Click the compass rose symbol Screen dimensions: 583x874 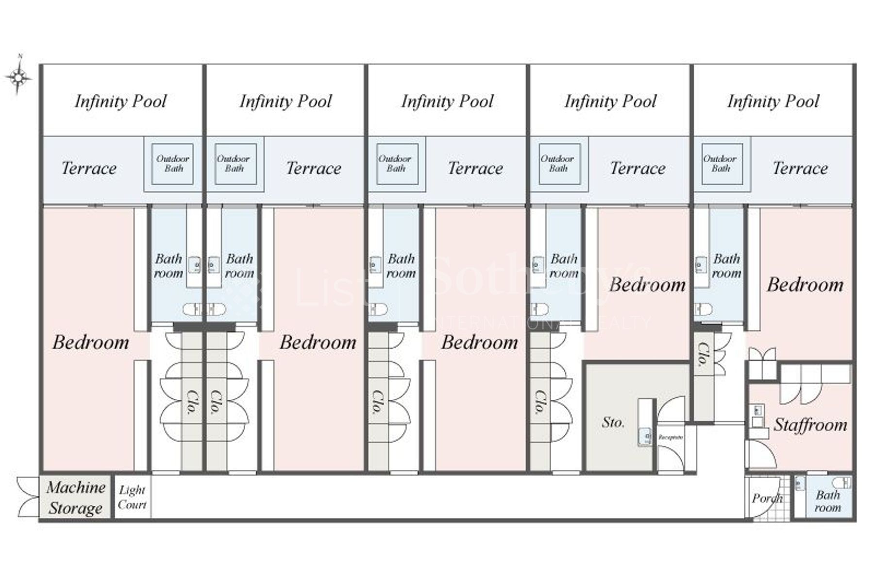tap(18, 77)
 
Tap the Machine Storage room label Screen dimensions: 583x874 tap(76, 497)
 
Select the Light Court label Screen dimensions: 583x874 tap(132, 497)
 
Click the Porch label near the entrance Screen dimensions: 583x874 tap(766, 498)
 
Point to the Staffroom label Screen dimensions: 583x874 tap(810, 425)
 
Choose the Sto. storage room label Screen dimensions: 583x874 tap(613, 422)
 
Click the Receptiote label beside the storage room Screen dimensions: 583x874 tap(671, 437)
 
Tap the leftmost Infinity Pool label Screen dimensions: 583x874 tap(120, 101)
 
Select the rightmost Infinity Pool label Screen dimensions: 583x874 tap(773, 101)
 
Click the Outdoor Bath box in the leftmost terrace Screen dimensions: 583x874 tap(172, 164)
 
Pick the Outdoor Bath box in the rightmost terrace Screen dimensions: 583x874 tap(721, 164)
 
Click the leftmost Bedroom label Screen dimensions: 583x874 tap(91, 343)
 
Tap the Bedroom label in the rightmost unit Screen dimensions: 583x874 tap(805, 285)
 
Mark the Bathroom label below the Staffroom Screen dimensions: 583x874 tap(827, 501)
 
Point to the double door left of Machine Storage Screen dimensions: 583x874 tap(27, 497)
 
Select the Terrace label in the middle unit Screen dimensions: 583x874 tap(475, 169)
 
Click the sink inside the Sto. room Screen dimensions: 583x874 tap(645, 437)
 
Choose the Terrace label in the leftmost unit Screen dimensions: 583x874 tap(89, 169)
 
